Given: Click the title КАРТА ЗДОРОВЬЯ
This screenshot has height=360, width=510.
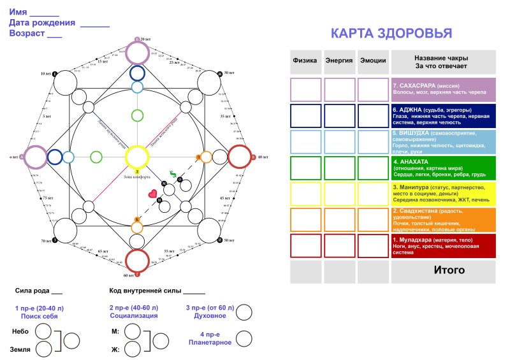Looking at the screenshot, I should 391,34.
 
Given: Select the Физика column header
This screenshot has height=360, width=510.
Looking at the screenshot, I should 305,61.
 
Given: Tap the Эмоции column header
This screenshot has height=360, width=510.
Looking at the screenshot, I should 373,61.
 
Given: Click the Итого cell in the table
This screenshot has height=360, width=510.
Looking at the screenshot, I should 449,270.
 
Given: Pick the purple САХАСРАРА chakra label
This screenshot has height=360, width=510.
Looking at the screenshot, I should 443,90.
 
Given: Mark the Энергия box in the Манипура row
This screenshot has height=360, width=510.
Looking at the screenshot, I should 339,194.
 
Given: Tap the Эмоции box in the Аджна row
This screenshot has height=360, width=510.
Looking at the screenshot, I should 373,116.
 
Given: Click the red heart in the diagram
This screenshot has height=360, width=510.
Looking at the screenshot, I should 152,194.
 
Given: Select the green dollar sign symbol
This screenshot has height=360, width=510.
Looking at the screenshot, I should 172,173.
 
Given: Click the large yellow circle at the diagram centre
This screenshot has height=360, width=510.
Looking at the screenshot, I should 137,156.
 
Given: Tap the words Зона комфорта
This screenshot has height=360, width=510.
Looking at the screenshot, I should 137,176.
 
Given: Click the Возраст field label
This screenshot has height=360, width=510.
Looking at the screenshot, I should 27,33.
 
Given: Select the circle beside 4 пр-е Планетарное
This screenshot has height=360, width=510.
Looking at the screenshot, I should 244,338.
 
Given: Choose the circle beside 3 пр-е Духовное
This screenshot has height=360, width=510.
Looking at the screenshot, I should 244,312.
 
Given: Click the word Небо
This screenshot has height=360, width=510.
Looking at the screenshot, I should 20,331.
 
